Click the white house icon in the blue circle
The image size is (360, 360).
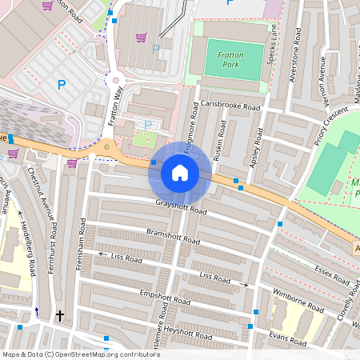click(180, 173)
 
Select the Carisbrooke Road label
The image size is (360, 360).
click(231, 106)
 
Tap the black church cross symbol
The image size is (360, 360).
click(59, 316)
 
